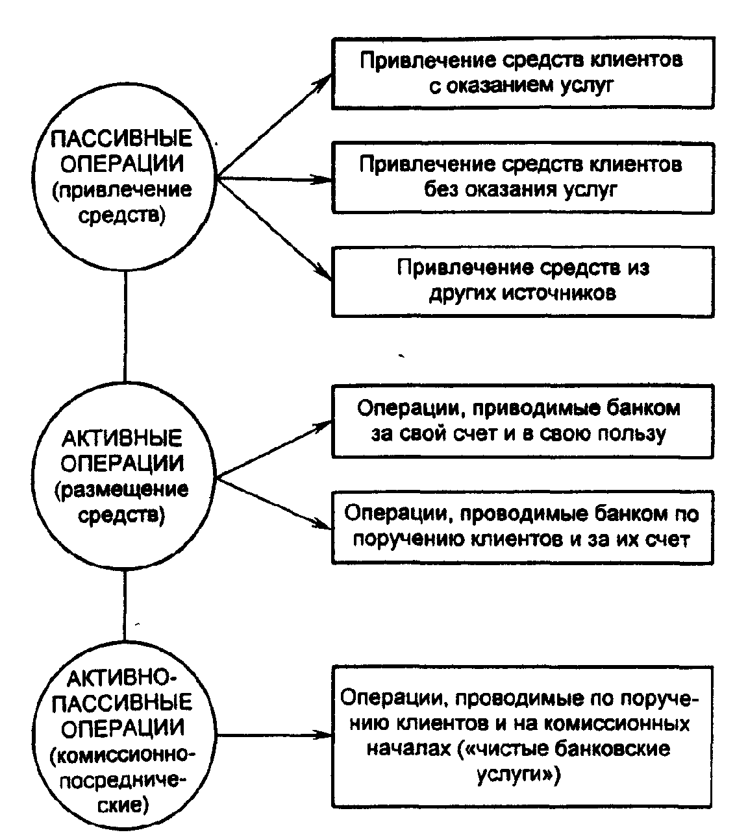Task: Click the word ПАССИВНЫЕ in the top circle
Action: pyautogui.click(x=121, y=138)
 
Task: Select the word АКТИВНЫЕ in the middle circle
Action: pyautogui.click(x=121, y=439)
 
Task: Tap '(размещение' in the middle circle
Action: pyautogui.click(x=121, y=490)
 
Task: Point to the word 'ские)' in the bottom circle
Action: pyautogui.click(x=121, y=806)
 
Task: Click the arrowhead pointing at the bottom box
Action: pyautogui.click(x=325, y=736)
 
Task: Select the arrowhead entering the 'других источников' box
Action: pyautogui.click(x=325, y=275)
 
